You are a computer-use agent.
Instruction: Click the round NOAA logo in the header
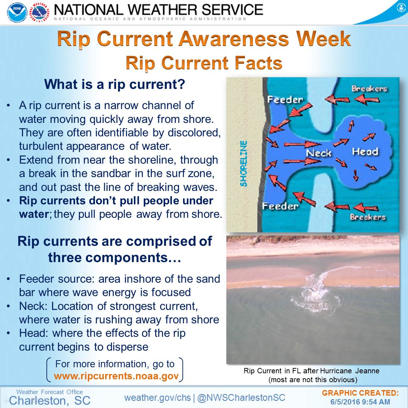(17, 12)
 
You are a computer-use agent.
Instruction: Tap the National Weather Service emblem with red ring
(39, 12)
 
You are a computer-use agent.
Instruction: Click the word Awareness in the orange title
(233, 39)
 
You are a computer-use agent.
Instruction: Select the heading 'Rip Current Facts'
(204, 63)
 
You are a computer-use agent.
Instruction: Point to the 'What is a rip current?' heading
(114, 84)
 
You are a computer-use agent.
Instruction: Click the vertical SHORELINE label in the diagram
(243, 164)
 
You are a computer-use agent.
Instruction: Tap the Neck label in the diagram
(318, 153)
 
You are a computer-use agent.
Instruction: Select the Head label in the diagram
(365, 152)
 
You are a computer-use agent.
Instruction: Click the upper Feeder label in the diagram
(285, 100)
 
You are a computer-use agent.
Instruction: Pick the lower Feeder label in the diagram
(280, 206)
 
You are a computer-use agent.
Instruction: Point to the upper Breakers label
(369, 89)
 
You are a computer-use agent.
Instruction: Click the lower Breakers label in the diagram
(367, 217)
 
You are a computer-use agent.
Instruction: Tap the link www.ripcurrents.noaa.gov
(116, 376)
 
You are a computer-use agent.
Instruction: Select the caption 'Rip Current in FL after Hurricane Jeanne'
(311, 370)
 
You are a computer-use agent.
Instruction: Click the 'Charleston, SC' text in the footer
(50, 401)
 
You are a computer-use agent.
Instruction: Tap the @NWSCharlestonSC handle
(241, 398)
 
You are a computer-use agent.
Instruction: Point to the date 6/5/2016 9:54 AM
(360, 402)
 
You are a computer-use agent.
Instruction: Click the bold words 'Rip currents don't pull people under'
(116, 201)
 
